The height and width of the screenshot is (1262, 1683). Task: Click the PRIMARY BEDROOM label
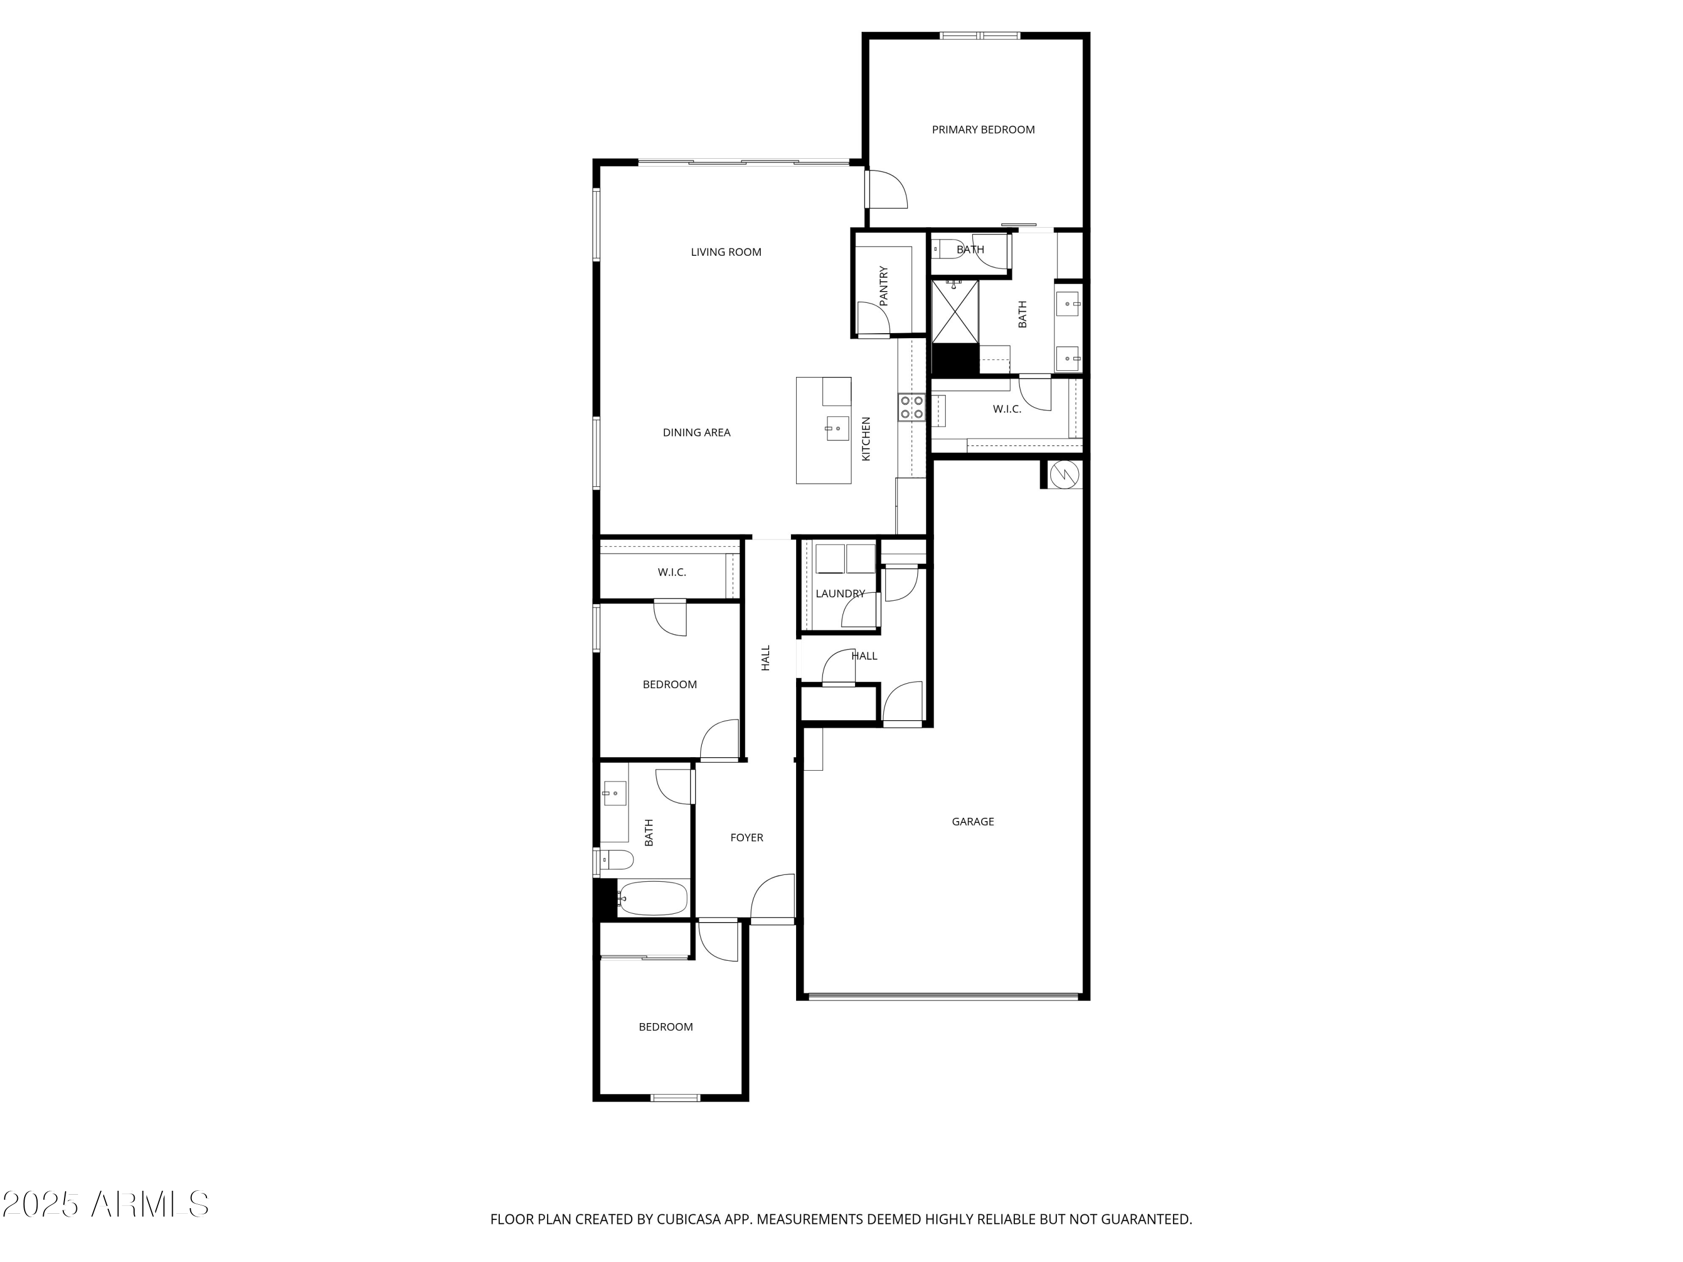(x=983, y=130)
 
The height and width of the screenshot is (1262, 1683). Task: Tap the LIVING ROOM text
(x=726, y=252)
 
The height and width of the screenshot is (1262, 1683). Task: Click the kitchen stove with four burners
(x=912, y=407)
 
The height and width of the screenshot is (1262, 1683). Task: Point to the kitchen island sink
(x=837, y=429)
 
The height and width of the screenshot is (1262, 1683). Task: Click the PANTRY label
(x=884, y=286)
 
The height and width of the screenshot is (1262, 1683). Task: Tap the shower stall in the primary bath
(x=955, y=312)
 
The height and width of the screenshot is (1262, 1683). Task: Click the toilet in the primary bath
(x=944, y=248)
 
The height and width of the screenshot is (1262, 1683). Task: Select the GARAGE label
(x=972, y=822)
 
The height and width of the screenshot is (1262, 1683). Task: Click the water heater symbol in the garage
(x=1064, y=475)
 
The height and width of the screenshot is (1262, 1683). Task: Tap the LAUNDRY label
(x=840, y=594)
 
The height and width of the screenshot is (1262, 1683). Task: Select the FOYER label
(x=746, y=837)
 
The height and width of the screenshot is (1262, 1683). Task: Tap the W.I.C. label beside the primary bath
(x=1006, y=409)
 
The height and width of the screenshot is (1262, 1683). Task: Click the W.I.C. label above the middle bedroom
(x=672, y=573)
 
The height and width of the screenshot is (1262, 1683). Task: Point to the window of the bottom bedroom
(x=675, y=1098)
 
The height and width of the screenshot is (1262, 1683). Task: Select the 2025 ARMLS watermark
(x=106, y=1205)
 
